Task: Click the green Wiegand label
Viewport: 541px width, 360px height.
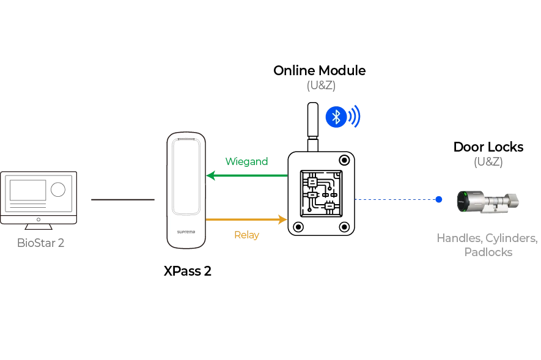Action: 247,161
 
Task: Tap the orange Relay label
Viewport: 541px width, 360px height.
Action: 247,235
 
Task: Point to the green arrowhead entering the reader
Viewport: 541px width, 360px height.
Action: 212,176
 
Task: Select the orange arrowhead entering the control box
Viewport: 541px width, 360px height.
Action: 282,219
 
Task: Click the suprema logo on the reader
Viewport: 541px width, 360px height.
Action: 185,233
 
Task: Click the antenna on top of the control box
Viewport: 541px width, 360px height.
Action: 313,123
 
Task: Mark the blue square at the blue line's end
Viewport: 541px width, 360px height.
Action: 439,199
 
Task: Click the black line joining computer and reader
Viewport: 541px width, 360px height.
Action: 122,198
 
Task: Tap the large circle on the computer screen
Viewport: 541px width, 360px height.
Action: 57,189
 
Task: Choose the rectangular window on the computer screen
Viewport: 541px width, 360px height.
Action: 28,190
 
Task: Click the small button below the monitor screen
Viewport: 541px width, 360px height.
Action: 39,218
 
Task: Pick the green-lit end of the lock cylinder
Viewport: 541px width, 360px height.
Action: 465,201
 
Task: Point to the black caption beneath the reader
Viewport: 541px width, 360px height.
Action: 188,271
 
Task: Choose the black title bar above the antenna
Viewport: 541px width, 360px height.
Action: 320,71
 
